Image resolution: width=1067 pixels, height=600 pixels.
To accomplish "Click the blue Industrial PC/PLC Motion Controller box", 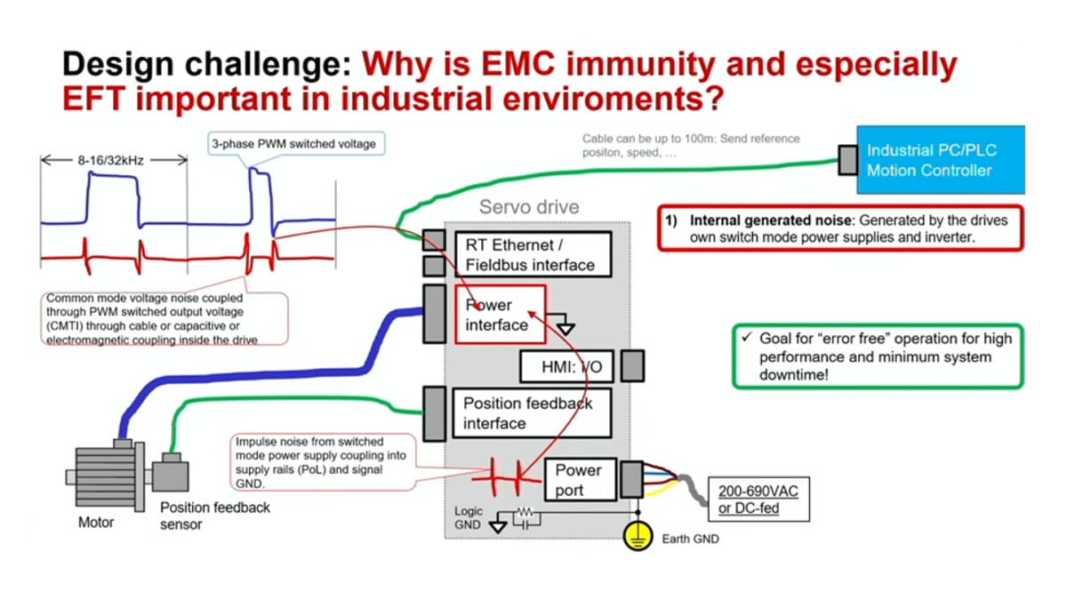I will click(940, 159).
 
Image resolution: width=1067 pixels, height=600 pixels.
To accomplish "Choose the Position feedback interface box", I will click(532, 412).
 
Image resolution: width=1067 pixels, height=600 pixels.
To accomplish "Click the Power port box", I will click(578, 480).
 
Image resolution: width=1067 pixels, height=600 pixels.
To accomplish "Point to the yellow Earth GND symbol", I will click(638, 536).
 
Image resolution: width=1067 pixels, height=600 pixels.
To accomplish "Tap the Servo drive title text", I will click(528, 207).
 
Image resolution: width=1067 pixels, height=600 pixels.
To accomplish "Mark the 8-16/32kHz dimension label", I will click(114, 161).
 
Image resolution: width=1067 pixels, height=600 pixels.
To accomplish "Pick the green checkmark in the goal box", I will click(748, 339).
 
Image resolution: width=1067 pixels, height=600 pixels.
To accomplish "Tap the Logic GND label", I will click(468, 517).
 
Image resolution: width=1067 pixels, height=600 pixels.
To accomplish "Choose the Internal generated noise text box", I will click(839, 229).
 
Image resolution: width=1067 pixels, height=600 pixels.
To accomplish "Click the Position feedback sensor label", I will click(214, 515).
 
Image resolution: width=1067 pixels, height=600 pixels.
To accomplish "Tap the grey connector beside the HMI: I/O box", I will click(632, 365).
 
